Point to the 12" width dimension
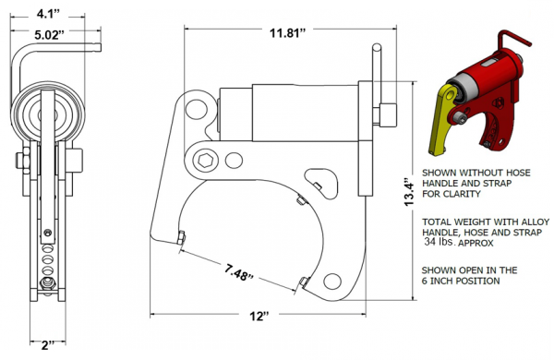click(259, 317)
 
